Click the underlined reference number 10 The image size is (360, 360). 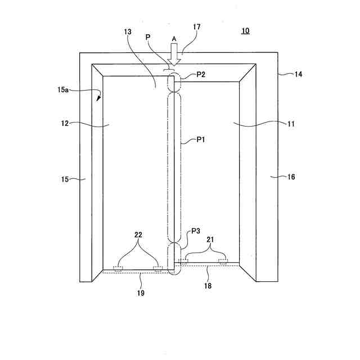coord(246,31)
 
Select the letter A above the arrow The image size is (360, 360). coord(174,39)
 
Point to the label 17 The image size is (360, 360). coord(196,27)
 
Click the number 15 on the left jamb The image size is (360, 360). coord(66,179)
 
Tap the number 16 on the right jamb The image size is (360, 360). coord(291,177)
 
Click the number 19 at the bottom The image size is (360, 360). coord(140,293)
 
